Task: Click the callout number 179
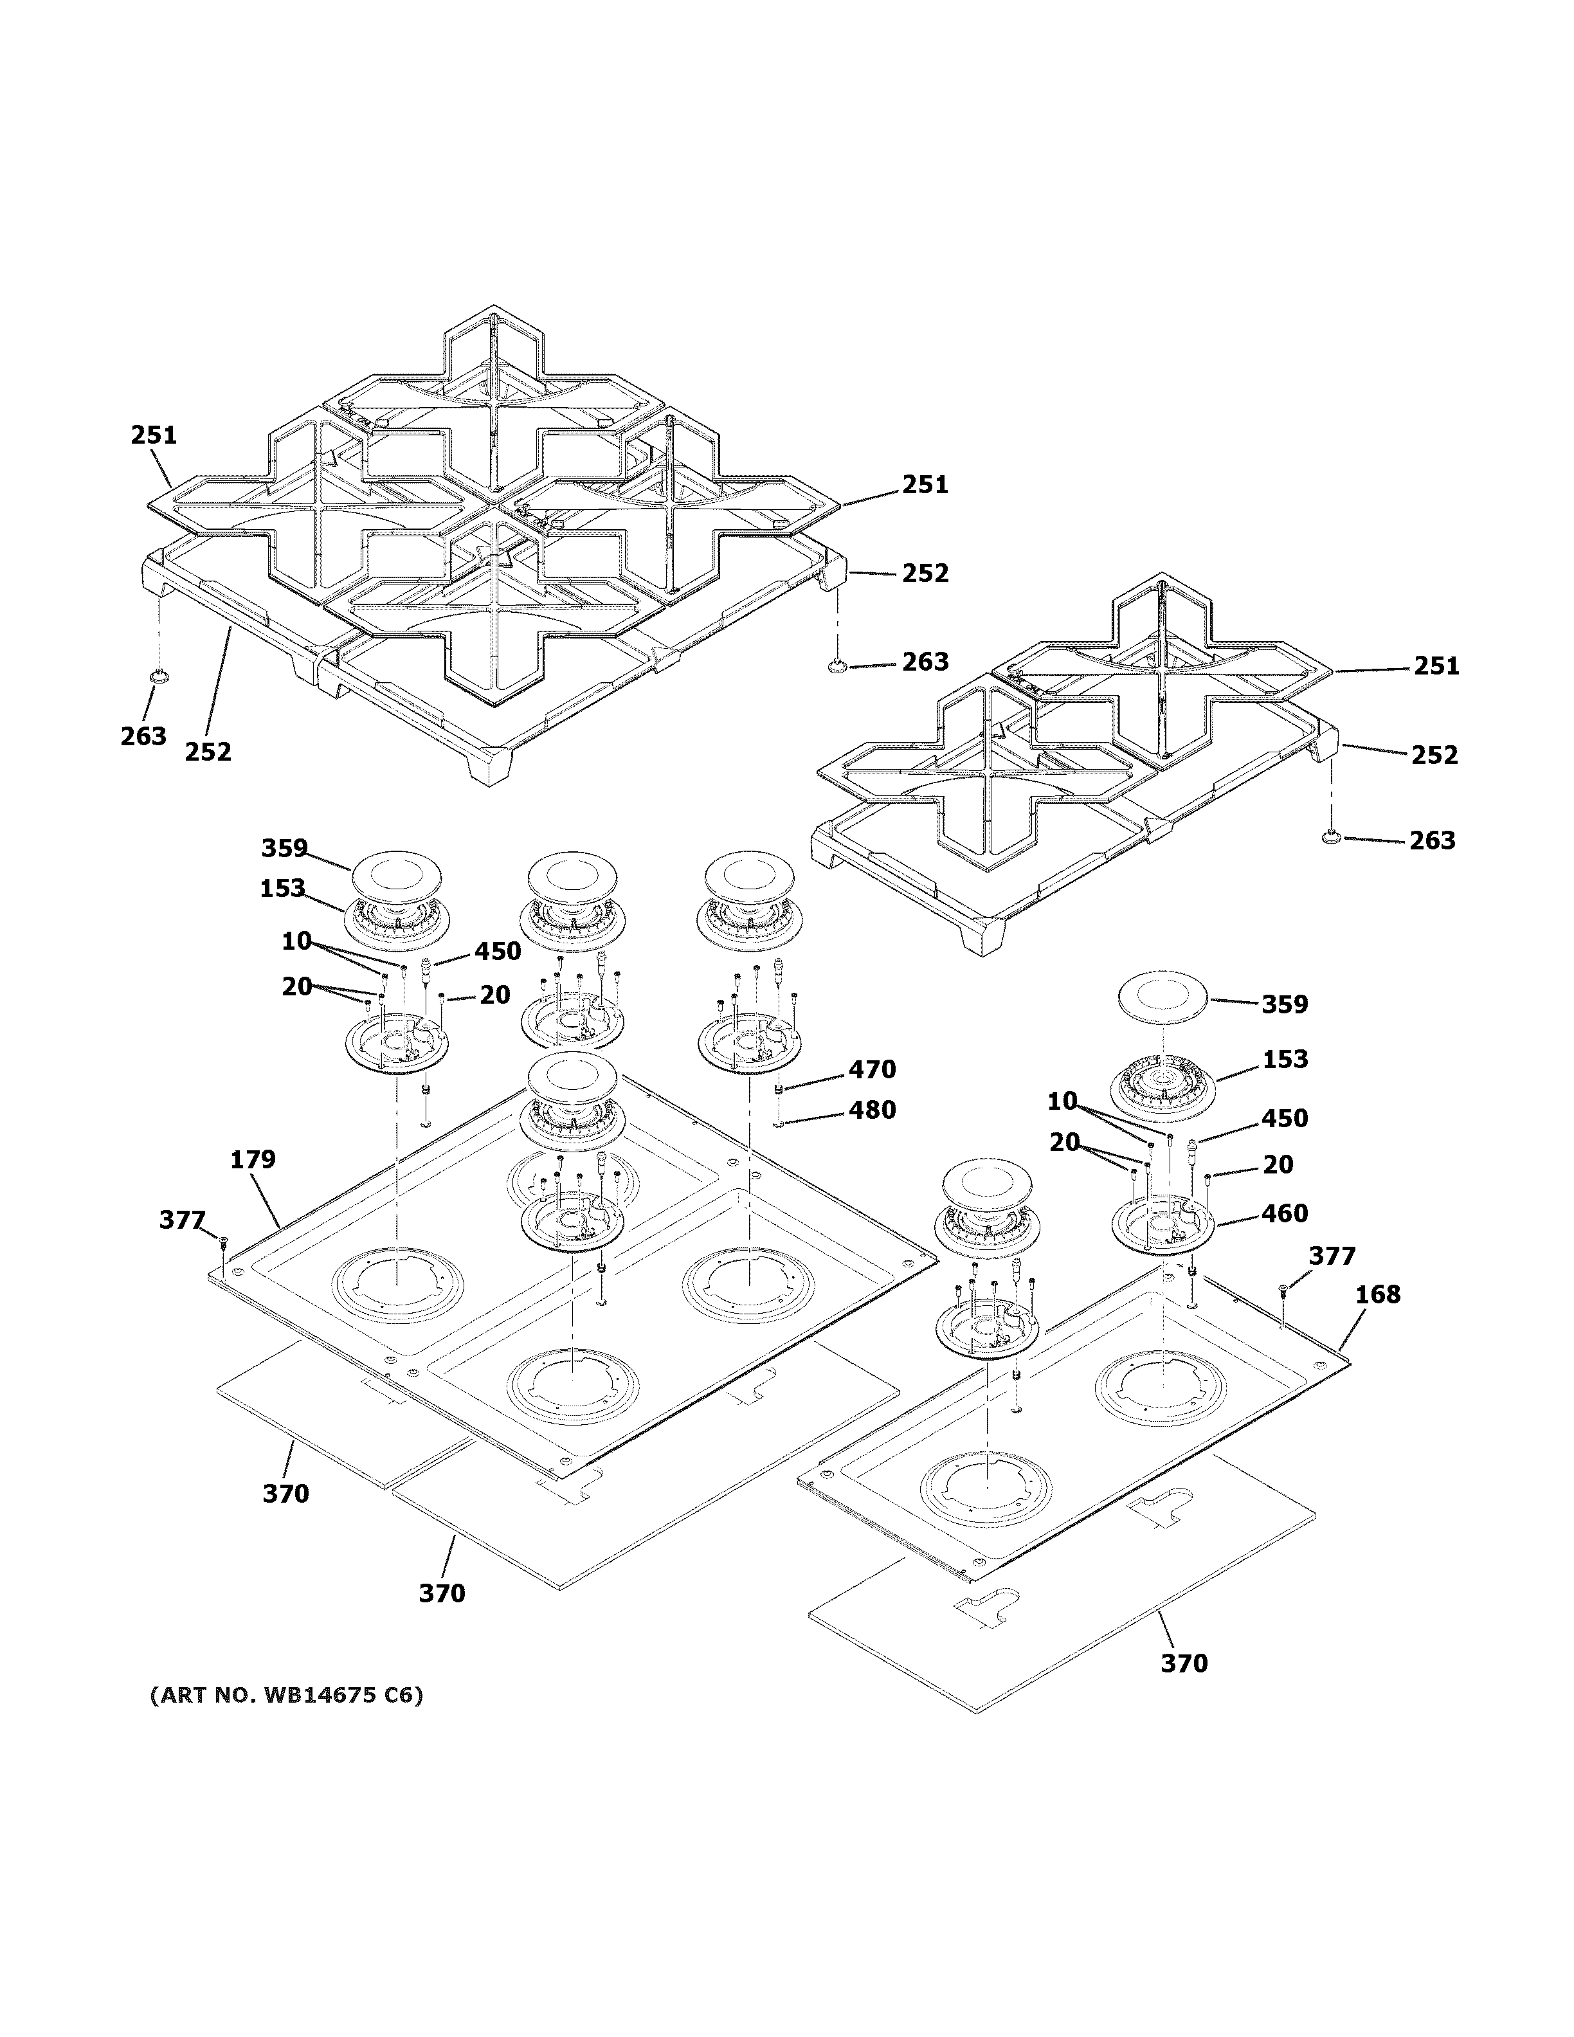tap(253, 1159)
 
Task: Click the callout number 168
tap(1377, 1294)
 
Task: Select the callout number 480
tap(871, 1110)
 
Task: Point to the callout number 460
tap(1284, 1213)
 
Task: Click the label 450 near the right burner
tap(1284, 1118)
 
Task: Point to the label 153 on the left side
tap(282, 888)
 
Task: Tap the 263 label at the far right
tap(1431, 840)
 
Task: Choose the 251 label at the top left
tap(153, 435)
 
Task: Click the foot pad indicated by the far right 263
tap(1330, 838)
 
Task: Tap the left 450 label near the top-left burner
tap(497, 952)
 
